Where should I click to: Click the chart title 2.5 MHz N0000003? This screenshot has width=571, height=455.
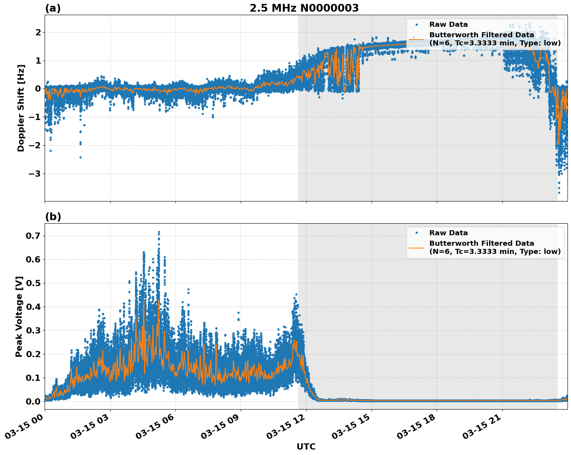[x=304, y=8]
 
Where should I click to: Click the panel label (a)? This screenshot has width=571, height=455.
[x=53, y=8]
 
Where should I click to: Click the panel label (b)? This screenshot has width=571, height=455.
[x=53, y=217]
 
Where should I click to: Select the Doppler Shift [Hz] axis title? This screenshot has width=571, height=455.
[x=21, y=108]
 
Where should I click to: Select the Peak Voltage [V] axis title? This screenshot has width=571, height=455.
[x=19, y=316]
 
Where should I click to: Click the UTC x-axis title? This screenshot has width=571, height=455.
[x=306, y=446]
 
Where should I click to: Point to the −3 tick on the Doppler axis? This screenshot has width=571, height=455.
[x=34, y=174]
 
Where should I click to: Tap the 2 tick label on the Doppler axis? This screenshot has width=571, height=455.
[x=38, y=32]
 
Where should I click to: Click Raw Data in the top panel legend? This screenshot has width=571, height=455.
[x=448, y=24]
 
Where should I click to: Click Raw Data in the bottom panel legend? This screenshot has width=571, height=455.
[x=448, y=233]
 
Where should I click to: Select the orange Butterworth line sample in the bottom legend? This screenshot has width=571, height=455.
[x=416, y=247]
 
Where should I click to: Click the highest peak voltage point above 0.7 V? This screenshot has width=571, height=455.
[x=159, y=232]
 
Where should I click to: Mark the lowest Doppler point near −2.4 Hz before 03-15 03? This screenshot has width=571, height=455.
[x=80, y=157]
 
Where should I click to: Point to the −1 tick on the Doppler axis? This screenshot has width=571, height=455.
[x=34, y=117]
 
